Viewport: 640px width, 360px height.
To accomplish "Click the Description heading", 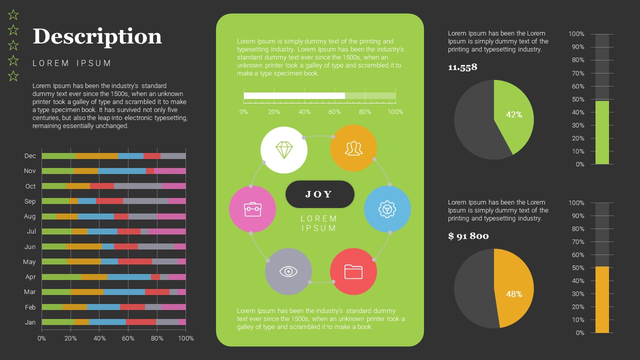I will coord(97,37).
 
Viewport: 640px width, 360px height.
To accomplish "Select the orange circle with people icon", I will coord(353,148).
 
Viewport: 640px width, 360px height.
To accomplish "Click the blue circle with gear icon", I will coord(387,209).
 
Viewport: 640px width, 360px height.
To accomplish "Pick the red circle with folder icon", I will coord(353,271).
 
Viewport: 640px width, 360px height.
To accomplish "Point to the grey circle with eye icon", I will coord(288,271).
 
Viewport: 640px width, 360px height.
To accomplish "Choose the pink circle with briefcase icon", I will coord(252,209).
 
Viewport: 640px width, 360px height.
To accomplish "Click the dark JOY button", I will coord(319,194).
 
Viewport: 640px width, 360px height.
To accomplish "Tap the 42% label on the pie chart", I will coord(514,114).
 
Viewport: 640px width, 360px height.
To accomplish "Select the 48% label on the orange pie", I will coord(514,294).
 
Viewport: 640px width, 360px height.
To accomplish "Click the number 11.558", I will coord(462,67).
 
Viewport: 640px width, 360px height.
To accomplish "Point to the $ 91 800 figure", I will coord(468,236).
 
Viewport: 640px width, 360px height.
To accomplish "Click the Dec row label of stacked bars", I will coord(30,156).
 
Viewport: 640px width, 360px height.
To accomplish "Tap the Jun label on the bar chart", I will coord(30,247).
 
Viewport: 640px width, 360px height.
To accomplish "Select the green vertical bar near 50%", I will coord(602,132).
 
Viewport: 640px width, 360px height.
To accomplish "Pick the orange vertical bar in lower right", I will coord(602,300).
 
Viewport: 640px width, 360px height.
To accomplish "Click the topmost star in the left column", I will coord(13,15).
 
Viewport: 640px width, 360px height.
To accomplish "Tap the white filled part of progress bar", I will coord(294,95).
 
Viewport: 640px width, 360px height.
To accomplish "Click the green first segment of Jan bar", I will coord(57,322).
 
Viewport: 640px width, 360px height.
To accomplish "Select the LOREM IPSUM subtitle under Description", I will coord(72,63).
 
